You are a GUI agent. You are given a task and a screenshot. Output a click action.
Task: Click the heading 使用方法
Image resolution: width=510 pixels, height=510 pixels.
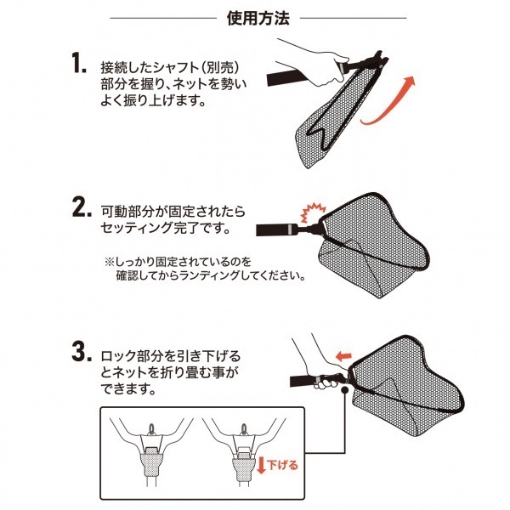point(258,19)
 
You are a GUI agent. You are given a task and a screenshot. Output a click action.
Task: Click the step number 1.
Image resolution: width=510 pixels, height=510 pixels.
point(79,63)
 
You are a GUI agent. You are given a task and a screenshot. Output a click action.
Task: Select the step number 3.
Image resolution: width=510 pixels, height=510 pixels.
point(82,352)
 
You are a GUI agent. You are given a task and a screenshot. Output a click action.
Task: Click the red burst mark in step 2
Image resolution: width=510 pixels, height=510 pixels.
point(313,212)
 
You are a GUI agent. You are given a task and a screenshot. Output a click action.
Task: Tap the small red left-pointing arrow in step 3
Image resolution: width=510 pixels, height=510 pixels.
point(343,356)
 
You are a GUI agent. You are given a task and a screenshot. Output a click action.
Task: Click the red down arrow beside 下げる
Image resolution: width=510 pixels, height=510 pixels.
point(261,465)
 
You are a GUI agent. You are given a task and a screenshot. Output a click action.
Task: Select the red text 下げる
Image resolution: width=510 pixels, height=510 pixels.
point(282,465)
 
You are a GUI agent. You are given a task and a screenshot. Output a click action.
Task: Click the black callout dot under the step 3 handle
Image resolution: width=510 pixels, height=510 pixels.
point(344,390)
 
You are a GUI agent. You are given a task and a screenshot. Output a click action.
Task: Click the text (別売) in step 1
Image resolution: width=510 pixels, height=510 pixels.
point(220,68)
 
